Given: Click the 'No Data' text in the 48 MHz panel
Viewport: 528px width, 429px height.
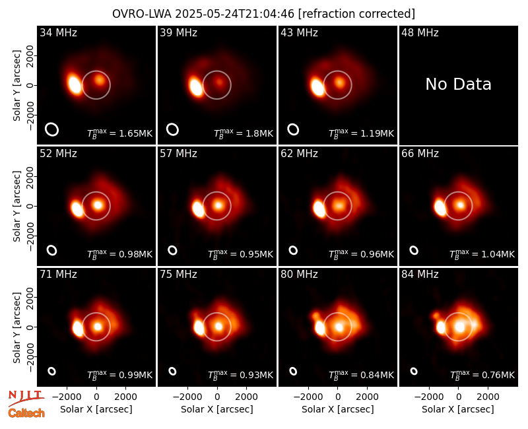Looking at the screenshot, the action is (x=458, y=84).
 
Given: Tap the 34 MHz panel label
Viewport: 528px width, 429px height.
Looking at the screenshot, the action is (x=58, y=32).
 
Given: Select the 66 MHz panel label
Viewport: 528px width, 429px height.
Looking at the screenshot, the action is (x=420, y=154).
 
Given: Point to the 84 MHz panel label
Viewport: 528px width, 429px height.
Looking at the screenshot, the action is (x=420, y=275).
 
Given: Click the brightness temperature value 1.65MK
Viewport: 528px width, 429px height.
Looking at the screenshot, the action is (x=131, y=133).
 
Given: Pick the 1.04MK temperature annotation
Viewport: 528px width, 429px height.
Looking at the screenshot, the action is (x=493, y=254).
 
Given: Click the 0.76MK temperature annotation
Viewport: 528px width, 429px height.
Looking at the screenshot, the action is (x=493, y=375).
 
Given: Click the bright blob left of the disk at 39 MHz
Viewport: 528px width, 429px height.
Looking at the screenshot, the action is (x=195, y=87).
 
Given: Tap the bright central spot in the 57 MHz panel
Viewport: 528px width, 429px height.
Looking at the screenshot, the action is (x=218, y=205).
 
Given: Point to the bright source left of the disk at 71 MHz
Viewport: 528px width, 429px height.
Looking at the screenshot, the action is (x=78, y=328).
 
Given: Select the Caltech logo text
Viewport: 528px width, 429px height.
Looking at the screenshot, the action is (x=26, y=413).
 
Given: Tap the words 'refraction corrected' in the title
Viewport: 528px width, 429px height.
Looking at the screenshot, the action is (x=356, y=14).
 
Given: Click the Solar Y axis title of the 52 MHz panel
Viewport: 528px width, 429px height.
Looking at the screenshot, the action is (x=17, y=206).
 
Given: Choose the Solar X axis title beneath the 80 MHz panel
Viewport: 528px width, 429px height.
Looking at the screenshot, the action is (x=338, y=409).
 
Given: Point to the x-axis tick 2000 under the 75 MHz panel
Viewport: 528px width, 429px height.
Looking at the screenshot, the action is (x=246, y=397).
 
